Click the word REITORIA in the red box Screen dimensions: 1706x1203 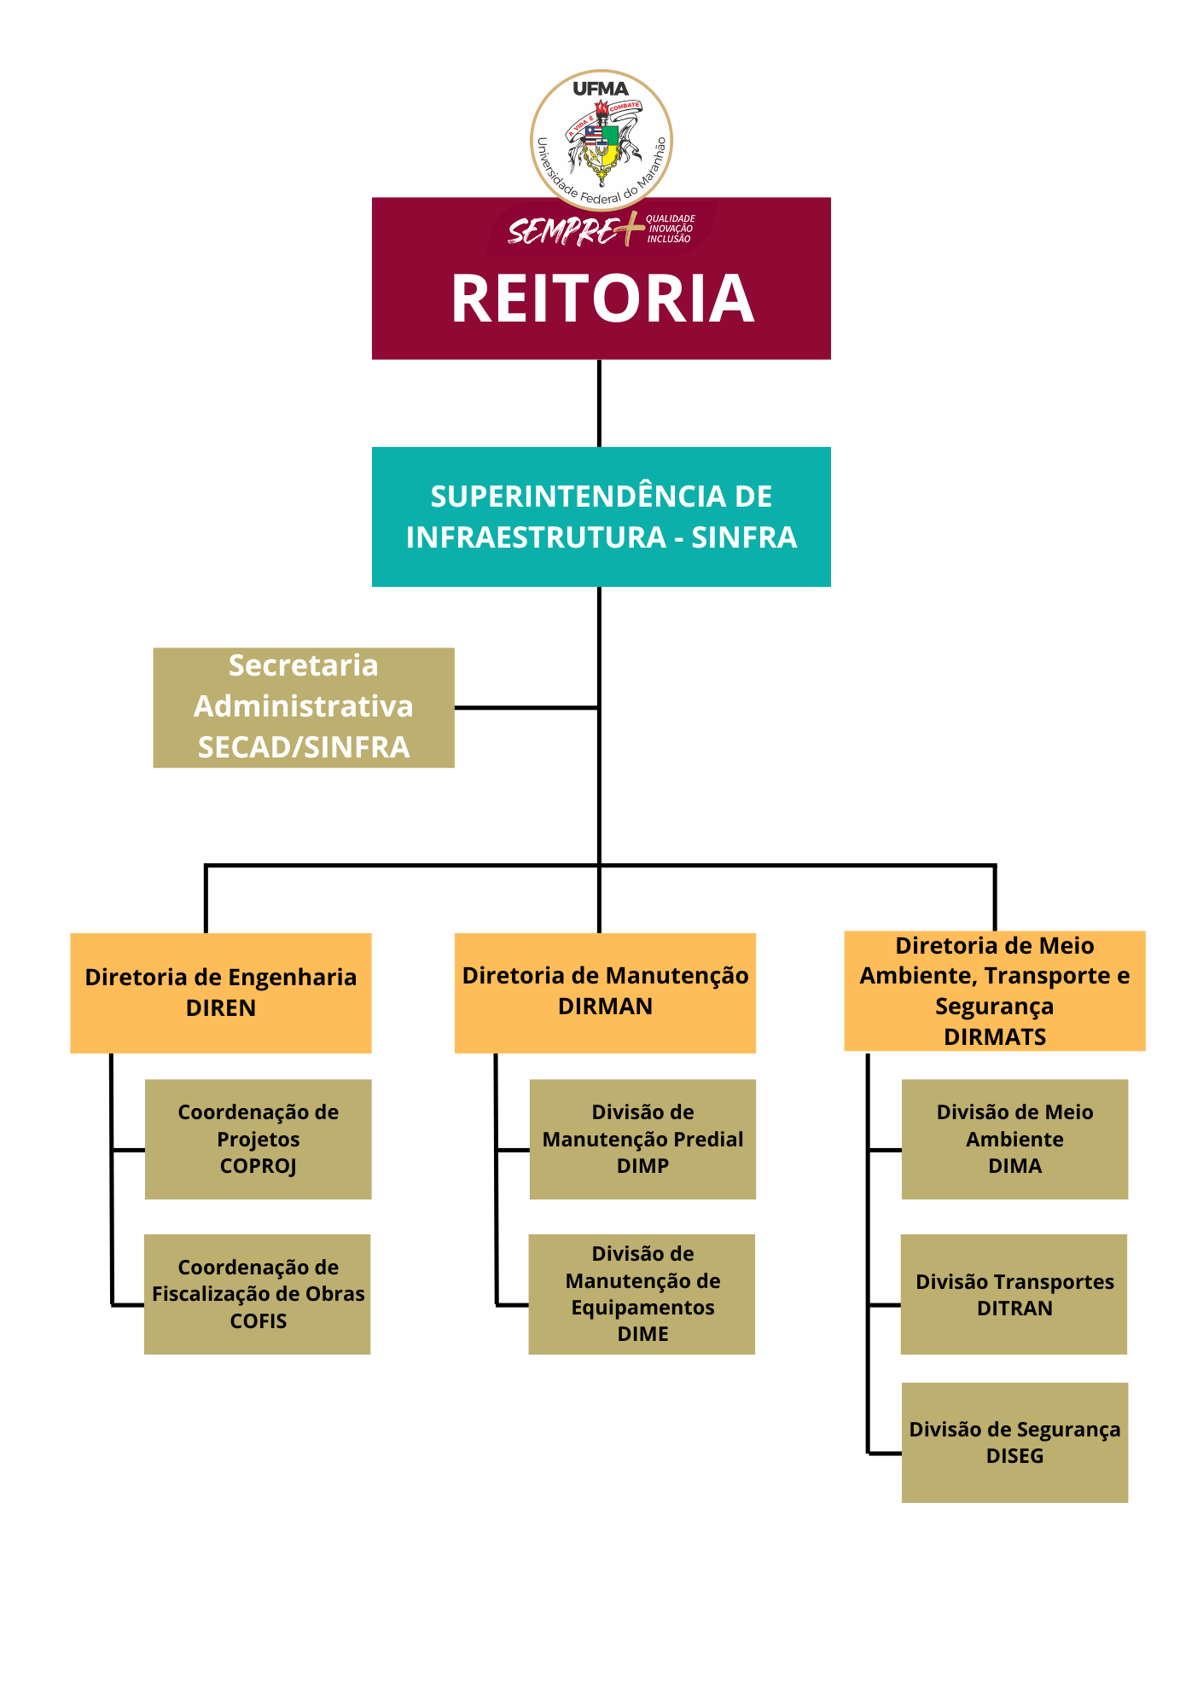tap(602, 299)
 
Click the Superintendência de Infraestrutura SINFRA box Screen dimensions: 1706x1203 tap(601, 516)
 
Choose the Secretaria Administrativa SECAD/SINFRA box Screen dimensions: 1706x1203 tap(303, 707)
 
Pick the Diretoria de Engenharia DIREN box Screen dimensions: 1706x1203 tap(220, 992)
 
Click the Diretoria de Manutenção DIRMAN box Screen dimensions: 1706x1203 tap(605, 992)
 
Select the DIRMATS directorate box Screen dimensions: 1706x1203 tap(994, 991)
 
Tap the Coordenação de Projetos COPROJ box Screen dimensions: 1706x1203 tap(258, 1139)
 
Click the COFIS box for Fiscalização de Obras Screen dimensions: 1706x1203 tap(257, 1293)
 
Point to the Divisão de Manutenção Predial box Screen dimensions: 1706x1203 tap(642, 1139)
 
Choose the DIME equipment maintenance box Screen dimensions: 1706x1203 tap(642, 1293)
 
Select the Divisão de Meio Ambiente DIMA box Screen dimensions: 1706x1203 tap(1014, 1139)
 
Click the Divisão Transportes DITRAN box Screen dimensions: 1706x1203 tap(1014, 1293)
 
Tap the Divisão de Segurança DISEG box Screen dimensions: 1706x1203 tap(1014, 1442)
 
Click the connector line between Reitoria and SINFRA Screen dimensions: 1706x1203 tap(599, 403)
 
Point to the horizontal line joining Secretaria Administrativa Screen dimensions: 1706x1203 tap(526, 707)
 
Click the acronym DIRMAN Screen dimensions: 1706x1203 tap(605, 1007)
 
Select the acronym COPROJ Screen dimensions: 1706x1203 tap(258, 1166)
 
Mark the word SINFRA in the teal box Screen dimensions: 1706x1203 tap(744, 537)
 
